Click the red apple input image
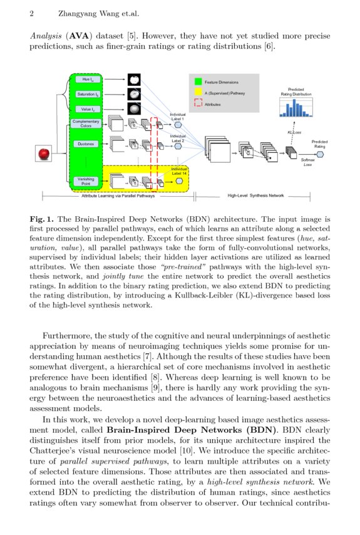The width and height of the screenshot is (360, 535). pos(43,153)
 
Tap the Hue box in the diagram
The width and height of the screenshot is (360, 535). pos(86,80)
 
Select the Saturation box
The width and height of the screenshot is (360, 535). pos(86,95)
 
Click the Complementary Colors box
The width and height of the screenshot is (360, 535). pos(85,123)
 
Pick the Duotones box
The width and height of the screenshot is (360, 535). pos(85,144)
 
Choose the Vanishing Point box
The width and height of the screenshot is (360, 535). pos(85,181)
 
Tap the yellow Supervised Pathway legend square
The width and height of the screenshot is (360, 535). pos(198,93)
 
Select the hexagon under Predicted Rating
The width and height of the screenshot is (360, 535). pos(320,153)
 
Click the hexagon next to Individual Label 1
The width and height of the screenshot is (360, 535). pos(178,125)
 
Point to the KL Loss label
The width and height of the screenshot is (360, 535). pos(294,132)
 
